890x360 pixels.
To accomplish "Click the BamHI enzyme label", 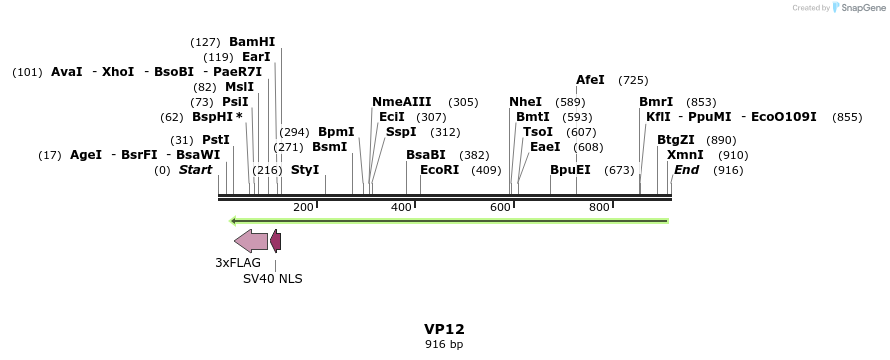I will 252,42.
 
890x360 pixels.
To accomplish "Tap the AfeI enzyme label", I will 590,80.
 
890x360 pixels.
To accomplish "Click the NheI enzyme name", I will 525,102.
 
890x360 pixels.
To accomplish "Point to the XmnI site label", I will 685,155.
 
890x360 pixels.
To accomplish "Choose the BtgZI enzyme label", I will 675,140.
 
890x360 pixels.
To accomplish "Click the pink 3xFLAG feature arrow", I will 250,240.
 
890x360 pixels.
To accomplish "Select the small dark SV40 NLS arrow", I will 275,240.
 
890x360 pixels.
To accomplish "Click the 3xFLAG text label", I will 238,263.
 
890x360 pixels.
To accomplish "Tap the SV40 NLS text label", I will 273,279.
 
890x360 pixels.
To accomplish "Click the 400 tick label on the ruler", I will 401,207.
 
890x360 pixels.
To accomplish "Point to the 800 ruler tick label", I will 598,207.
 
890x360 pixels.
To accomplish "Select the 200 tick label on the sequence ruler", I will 303,207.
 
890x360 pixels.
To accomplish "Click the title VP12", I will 444,329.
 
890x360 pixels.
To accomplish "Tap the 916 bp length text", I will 444,344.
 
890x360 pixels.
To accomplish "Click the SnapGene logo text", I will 858,8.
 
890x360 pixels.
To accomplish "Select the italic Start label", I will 195,170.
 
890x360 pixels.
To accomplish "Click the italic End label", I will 686,170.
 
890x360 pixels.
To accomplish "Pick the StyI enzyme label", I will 305,170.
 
